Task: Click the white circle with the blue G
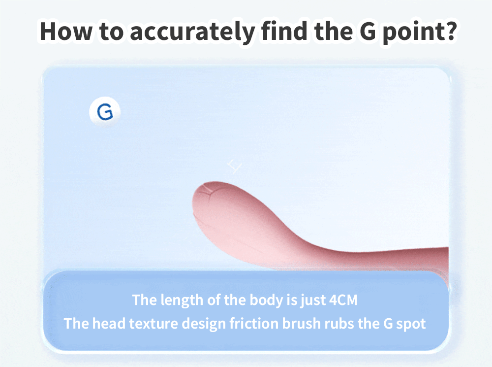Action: [105, 112]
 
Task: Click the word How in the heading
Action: [66, 31]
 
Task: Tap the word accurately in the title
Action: [192, 32]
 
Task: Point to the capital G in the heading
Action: [368, 31]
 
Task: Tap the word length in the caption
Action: [182, 300]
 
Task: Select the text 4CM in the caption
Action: [343, 300]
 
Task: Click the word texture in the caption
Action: [154, 324]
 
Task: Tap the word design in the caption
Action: [204, 324]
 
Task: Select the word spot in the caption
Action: [411, 324]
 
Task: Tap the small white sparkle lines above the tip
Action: [234, 166]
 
